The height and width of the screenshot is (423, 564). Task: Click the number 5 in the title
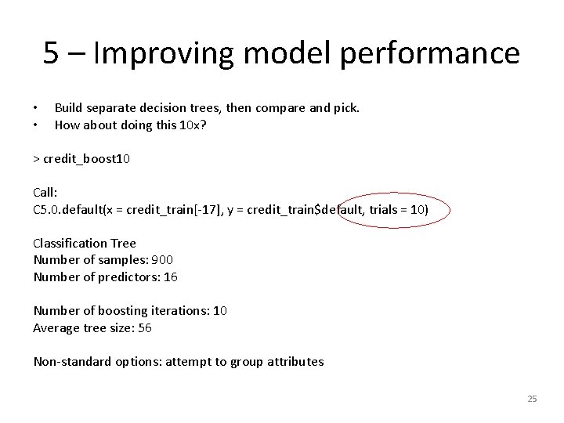click(52, 53)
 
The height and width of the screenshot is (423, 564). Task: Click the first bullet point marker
click(36, 108)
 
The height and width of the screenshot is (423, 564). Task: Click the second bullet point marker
click(36, 125)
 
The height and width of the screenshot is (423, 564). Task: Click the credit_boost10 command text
click(86, 159)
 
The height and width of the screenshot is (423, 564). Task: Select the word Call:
click(45, 193)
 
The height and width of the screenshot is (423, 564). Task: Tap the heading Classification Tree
click(85, 243)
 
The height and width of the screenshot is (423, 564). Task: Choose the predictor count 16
click(171, 277)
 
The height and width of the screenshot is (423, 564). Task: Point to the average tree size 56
click(144, 327)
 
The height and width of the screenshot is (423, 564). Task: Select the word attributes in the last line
click(295, 361)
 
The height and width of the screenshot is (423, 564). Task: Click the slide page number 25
click(532, 399)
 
